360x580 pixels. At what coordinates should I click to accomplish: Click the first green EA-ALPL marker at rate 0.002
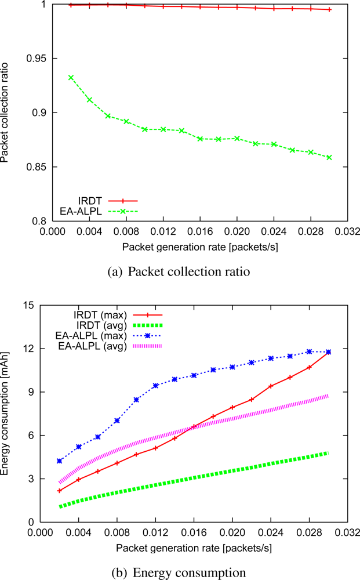[x=71, y=77]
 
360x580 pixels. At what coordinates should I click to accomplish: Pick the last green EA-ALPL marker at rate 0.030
[x=329, y=157]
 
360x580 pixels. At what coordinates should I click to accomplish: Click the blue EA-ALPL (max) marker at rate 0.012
[x=155, y=386]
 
